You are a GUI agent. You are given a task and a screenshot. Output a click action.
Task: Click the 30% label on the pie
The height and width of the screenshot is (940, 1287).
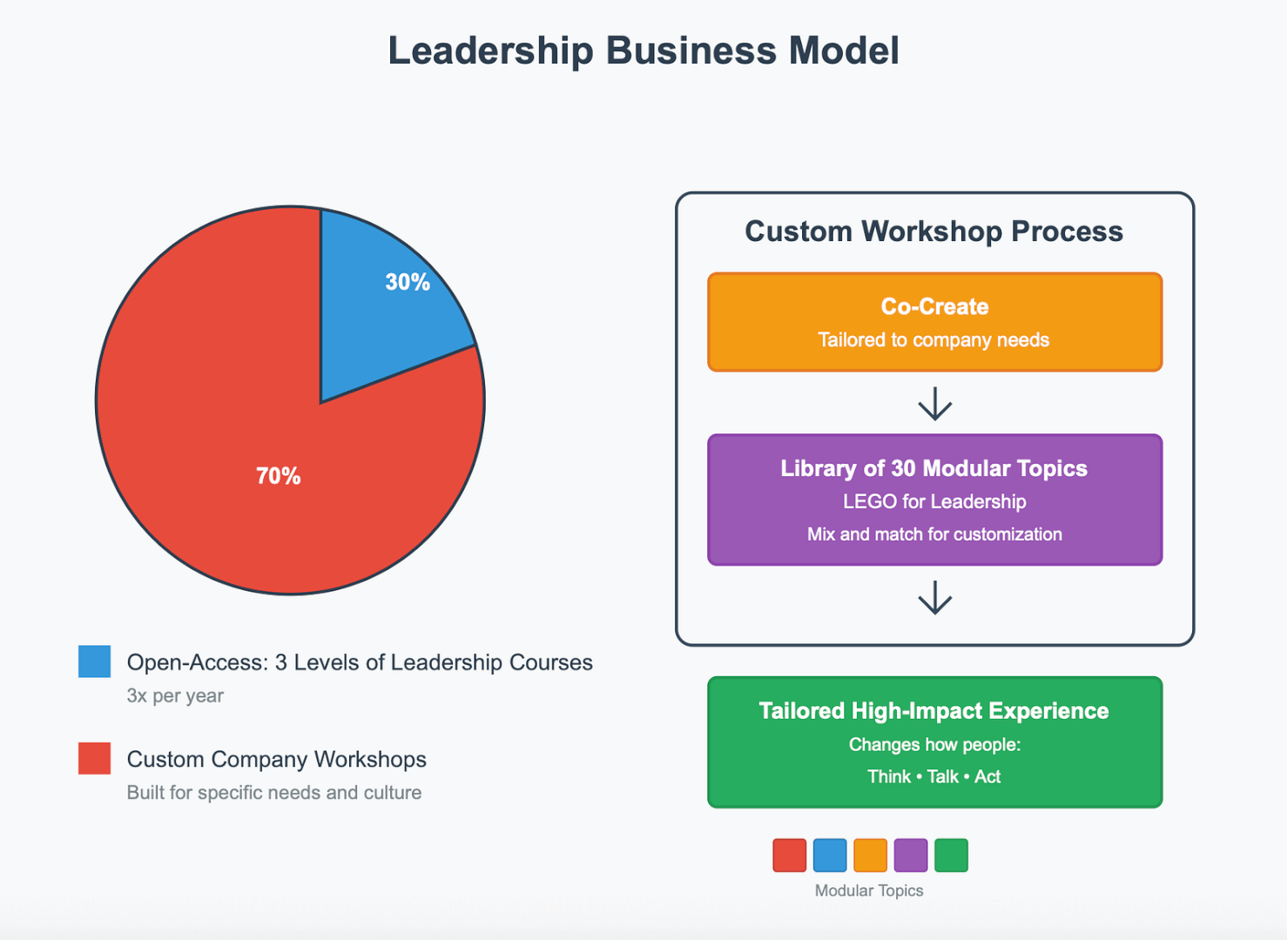tap(408, 282)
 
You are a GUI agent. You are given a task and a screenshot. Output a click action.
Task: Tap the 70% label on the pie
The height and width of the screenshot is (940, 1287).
tap(278, 476)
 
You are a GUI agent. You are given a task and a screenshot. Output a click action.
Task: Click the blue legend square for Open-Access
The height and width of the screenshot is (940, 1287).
tap(94, 661)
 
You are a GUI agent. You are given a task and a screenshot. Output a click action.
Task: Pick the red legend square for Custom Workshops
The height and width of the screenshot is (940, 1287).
tap(94, 758)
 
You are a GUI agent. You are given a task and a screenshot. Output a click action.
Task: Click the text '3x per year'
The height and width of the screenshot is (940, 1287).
tap(175, 696)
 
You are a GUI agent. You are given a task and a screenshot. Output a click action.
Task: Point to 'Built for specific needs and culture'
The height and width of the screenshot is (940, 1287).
tap(274, 793)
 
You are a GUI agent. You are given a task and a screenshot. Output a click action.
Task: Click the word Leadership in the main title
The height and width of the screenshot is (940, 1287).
tap(489, 50)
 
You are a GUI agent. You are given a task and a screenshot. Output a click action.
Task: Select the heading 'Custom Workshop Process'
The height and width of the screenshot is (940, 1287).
tap(933, 232)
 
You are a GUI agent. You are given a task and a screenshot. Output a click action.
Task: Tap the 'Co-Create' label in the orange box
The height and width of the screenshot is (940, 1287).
tap(934, 306)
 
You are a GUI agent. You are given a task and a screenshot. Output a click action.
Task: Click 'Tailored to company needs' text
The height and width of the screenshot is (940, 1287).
tap(933, 340)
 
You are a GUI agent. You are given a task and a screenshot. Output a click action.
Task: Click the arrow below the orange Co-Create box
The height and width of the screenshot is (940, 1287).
tap(935, 404)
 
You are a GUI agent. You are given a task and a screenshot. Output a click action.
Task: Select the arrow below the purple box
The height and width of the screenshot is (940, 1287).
tap(935, 598)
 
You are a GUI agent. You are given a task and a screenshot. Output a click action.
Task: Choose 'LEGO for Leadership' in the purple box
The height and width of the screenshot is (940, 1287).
tap(934, 502)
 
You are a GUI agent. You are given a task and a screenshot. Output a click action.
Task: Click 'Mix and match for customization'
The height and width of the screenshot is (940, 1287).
tap(934, 534)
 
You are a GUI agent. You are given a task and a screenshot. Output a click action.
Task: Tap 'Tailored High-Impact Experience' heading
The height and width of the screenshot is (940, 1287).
tap(933, 711)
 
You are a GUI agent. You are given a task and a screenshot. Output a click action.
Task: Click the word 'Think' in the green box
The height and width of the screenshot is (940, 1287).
tap(888, 777)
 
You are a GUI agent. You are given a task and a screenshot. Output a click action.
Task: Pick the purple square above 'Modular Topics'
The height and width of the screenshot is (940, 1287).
tap(911, 856)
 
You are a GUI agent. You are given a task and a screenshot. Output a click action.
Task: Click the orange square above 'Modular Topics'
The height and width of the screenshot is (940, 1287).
tap(870, 856)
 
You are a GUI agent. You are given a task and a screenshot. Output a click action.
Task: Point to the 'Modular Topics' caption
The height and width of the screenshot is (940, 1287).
tap(868, 890)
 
